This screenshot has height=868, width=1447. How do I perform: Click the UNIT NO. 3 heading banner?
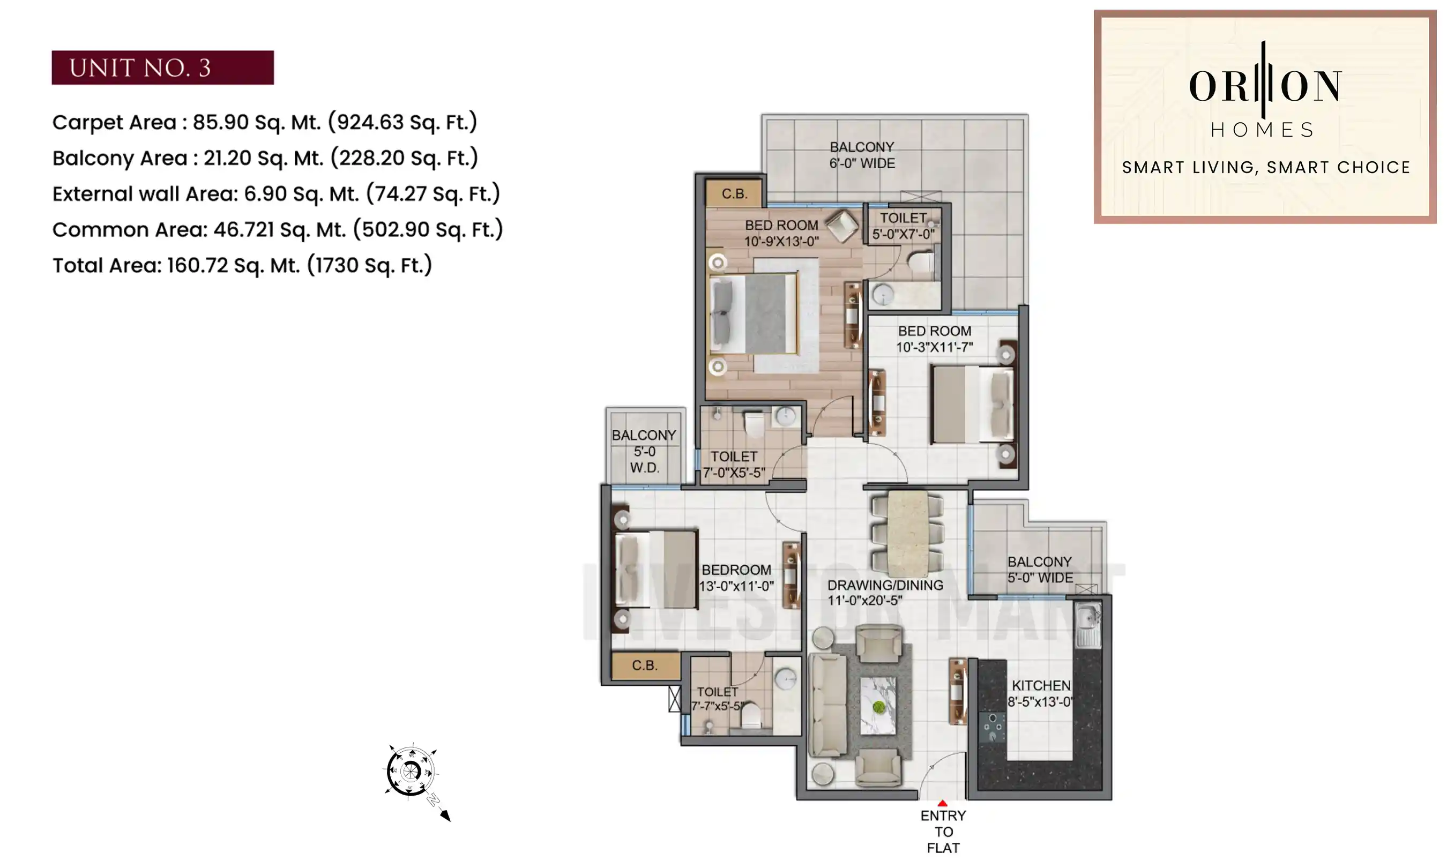pos(162,68)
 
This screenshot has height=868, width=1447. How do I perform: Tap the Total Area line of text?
pos(242,266)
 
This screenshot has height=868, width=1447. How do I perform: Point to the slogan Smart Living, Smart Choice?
pos(1266,168)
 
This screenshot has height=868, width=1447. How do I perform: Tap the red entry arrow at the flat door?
pos(942,804)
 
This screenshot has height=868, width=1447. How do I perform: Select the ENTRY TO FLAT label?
pos(943,831)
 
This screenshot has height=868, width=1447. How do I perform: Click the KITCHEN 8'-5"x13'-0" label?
pos(1041,693)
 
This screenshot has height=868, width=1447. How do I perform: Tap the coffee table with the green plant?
pos(878,706)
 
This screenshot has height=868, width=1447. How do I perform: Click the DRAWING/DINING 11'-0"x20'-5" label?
pos(884,593)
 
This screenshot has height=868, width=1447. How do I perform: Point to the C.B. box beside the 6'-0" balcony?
pos(734,193)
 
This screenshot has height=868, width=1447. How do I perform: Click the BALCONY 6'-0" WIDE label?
pos(862,155)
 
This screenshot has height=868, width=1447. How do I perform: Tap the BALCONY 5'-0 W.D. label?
pos(644,451)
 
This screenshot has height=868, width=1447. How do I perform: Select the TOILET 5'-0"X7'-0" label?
pos(903,226)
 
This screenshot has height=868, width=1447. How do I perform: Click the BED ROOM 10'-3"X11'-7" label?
pos(934,339)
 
